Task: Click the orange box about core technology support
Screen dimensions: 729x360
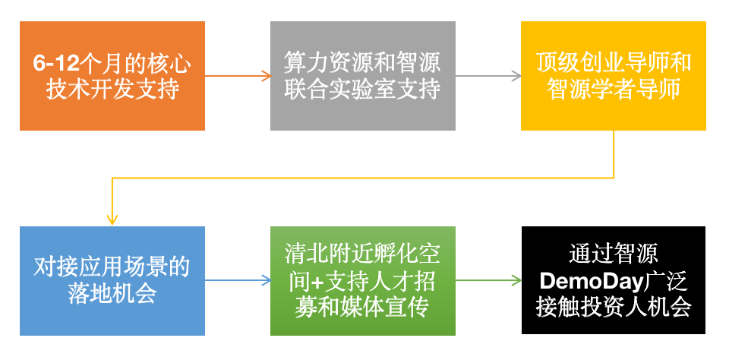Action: pyautogui.click(x=112, y=76)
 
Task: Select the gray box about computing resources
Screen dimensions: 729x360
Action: pyautogui.click(x=363, y=76)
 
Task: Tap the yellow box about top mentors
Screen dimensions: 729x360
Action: pyautogui.click(x=614, y=76)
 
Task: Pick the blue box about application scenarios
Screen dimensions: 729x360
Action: pyautogui.click(x=112, y=280)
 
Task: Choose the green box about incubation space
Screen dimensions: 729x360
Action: pyautogui.click(x=363, y=280)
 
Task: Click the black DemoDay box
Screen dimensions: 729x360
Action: pyautogui.click(x=614, y=280)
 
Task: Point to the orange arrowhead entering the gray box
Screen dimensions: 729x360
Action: pyautogui.click(x=266, y=76)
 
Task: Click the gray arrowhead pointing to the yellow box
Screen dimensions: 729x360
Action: pyautogui.click(x=516, y=76)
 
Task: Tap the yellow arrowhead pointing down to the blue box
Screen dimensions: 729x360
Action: pyautogui.click(x=112, y=220)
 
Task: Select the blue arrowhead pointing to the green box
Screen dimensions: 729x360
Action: pyautogui.click(x=266, y=280)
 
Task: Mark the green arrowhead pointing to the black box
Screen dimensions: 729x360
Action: pyautogui.click(x=516, y=280)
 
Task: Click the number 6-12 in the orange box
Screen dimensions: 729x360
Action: pyautogui.click(x=55, y=64)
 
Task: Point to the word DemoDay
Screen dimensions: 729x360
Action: pyautogui.click(x=589, y=280)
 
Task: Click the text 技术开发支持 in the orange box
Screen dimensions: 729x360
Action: pyautogui.click(x=112, y=90)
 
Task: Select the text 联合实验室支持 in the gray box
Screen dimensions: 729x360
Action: pyautogui.click(x=363, y=90)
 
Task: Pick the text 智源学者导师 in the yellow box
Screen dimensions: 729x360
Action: pyautogui.click(x=614, y=90)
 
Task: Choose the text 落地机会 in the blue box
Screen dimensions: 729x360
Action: pyautogui.click(x=112, y=294)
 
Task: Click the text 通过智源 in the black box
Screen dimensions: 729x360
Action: pyautogui.click(x=614, y=254)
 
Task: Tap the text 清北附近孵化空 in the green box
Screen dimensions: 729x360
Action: pyautogui.click(x=363, y=254)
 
